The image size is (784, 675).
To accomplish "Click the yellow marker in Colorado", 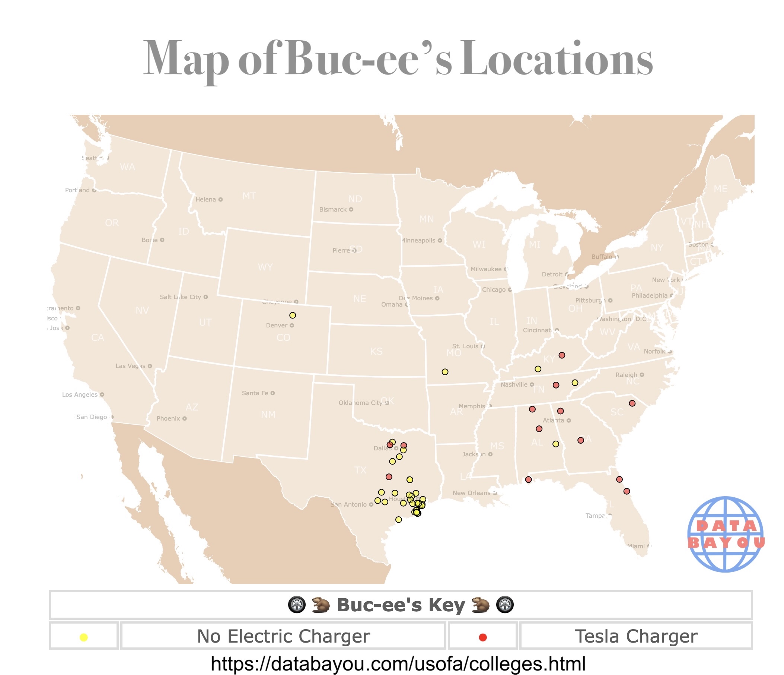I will [x=293, y=316].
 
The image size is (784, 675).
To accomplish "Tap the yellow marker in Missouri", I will [x=445, y=372].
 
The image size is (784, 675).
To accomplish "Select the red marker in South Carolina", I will [x=632, y=403].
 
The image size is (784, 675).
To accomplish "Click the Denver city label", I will [x=277, y=325].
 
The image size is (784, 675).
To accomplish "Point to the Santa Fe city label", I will [x=255, y=393].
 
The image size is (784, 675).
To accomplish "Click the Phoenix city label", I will [x=168, y=418].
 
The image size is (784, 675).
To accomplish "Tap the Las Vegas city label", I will [x=131, y=366].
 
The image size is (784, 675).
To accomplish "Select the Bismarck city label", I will [x=333, y=209].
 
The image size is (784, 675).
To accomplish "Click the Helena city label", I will [x=206, y=199].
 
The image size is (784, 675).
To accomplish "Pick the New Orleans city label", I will [x=471, y=492].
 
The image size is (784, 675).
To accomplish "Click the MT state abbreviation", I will [x=249, y=196].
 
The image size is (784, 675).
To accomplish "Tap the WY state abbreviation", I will [x=265, y=267].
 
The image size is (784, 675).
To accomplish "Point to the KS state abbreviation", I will [x=376, y=351].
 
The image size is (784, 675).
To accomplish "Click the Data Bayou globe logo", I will [x=725, y=534].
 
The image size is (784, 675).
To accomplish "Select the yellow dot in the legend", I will [x=84, y=637].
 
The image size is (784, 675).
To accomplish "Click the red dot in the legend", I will [x=482, y=637].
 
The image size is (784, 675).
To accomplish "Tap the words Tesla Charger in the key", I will [x=636, y=636].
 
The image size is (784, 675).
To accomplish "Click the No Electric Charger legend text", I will [x=283, y=636].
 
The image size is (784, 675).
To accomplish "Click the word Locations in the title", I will [x=556, y=59].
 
